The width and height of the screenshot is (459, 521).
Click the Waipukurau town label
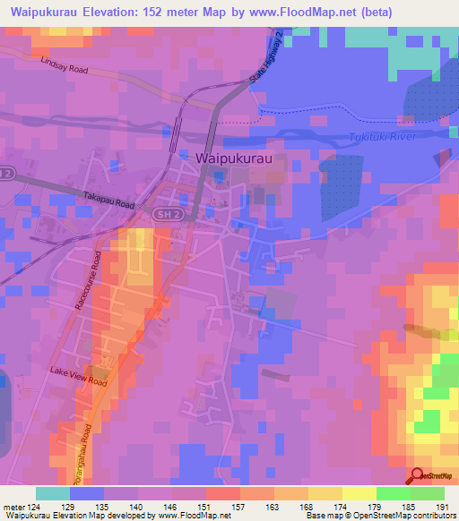click(x=233, y=157)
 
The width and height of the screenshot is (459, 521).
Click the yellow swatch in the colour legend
click(x=325, y=493)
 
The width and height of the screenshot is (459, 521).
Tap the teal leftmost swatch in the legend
click(x=53, y=493)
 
